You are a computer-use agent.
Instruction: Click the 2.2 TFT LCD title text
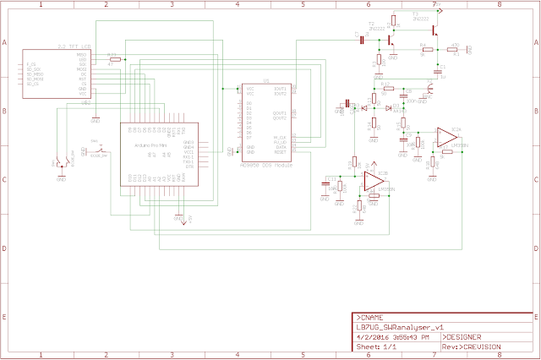[68, 45]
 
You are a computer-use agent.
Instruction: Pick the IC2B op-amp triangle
[371, 180]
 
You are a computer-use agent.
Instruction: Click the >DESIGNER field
[469, 335]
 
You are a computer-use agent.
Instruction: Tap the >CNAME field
[372, 315]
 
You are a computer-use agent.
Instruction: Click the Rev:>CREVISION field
[473, 346]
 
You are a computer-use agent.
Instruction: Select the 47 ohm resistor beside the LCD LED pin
[114, 59]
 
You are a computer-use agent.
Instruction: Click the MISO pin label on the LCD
[83, 55]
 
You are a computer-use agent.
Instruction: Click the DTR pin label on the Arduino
[189, 167]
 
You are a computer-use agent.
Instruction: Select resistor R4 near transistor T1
[423, 48]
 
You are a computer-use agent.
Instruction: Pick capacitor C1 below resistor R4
[439, 67]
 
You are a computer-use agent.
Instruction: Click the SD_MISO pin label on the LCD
[34, 79]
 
